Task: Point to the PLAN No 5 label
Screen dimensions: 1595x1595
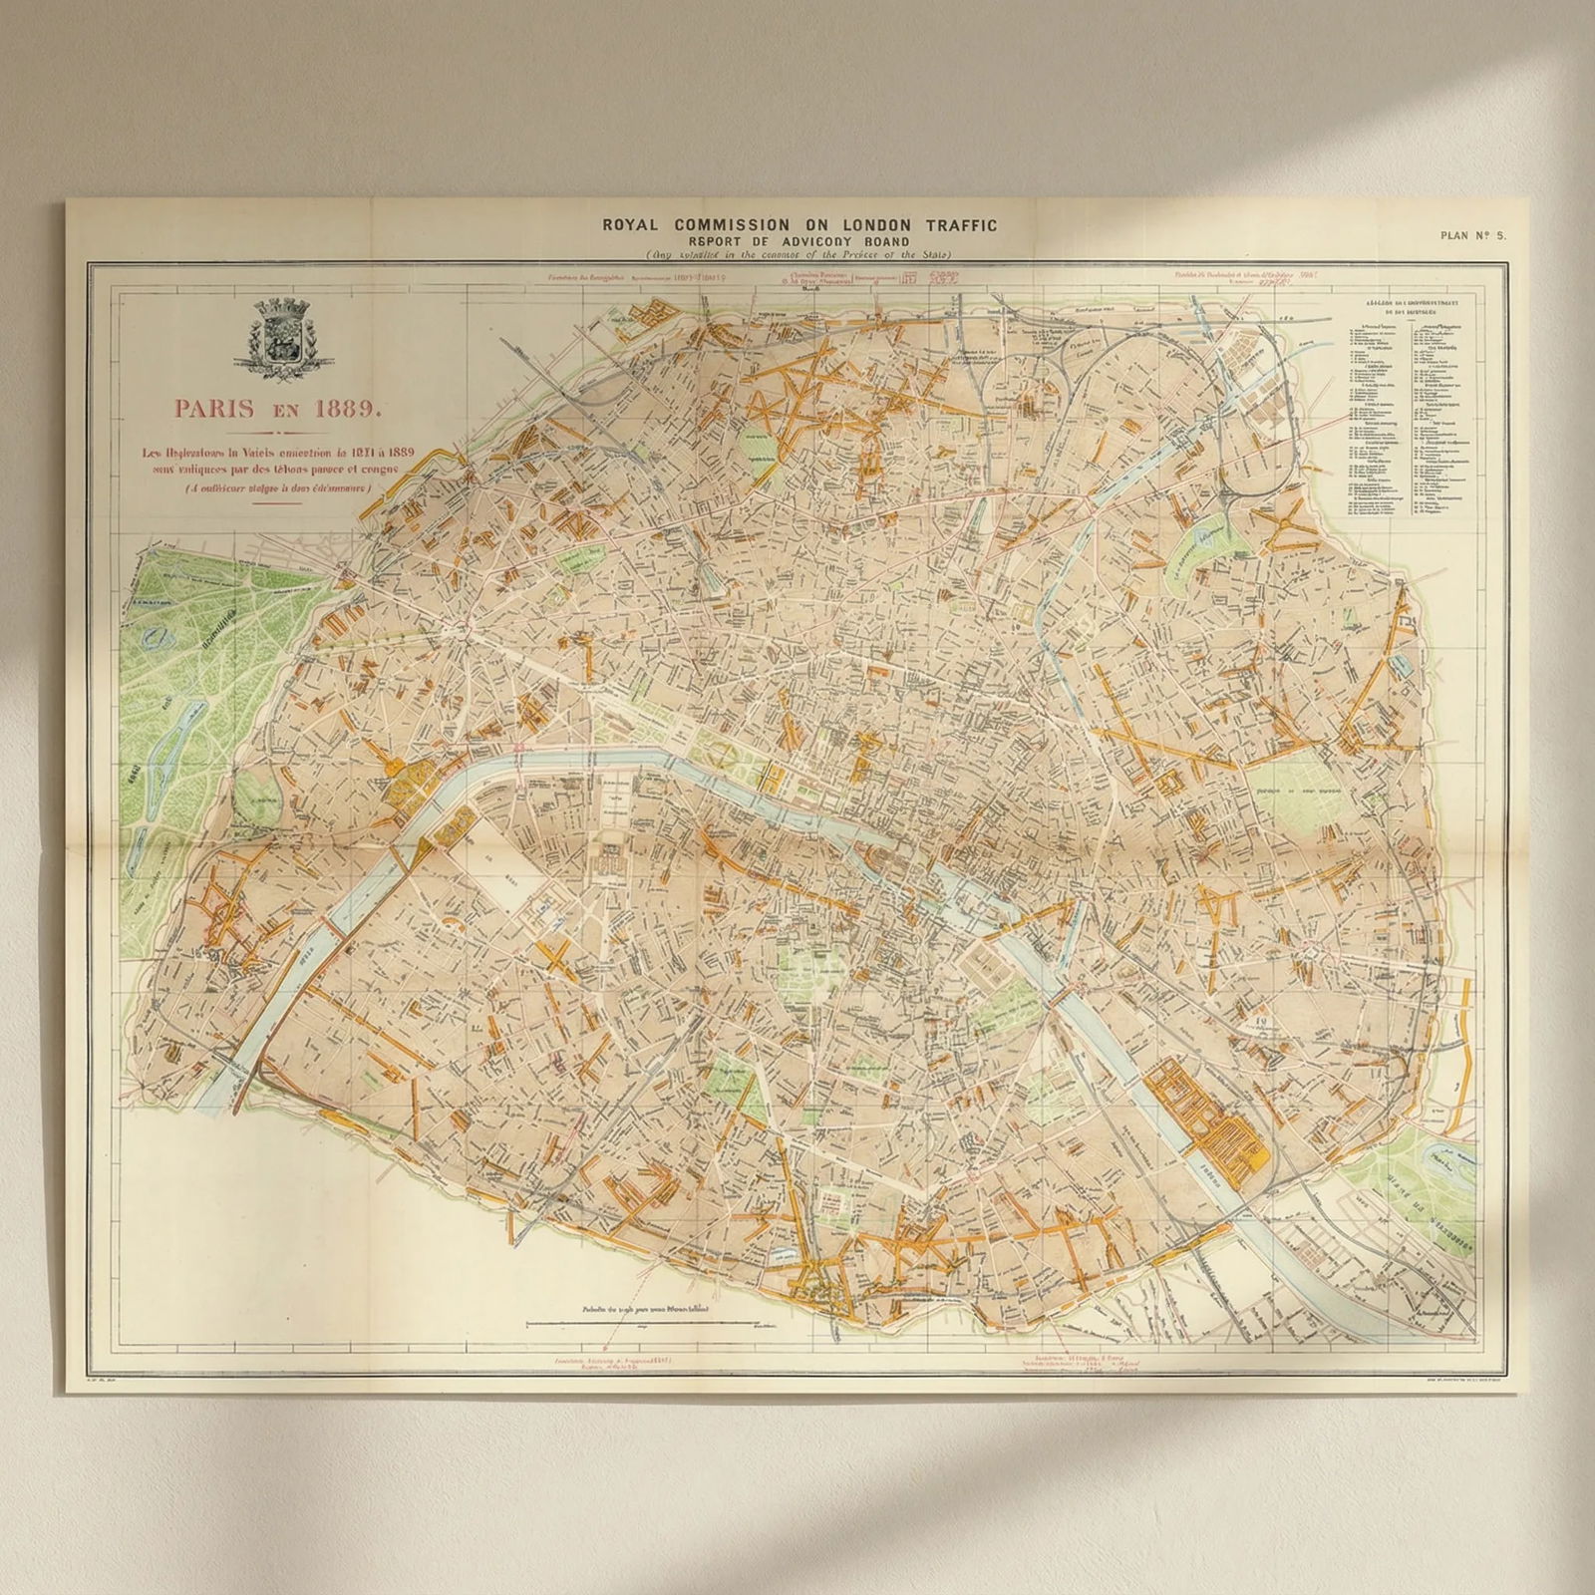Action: point(1473,235)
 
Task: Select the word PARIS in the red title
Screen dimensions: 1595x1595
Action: point(209,408)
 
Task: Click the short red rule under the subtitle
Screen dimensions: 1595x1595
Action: point(277,504)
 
